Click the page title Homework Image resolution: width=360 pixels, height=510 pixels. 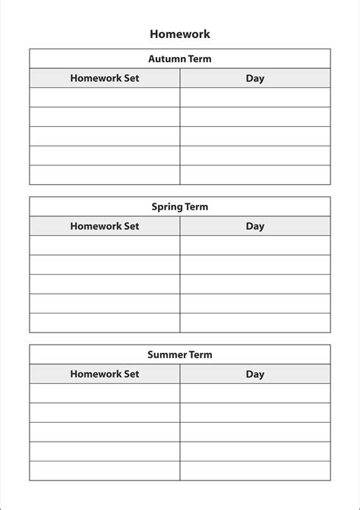[x=180, y=34]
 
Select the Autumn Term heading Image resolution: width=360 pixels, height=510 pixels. [x=180, y=58]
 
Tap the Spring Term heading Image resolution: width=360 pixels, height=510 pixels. [x=180, y=206]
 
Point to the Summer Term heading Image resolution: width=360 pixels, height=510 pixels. [x=180, y=354]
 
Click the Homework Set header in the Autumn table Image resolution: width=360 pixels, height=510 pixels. [x=105, y=78]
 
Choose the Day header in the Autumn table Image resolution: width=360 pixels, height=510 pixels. [x=255, y=78]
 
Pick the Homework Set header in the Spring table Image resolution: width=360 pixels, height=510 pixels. [x=105, y=226]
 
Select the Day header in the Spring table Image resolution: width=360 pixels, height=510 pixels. [x=255, y=226]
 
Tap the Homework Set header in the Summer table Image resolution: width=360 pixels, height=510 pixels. [x=105, y=374]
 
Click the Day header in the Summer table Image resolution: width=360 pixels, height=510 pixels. [x=255, y=374]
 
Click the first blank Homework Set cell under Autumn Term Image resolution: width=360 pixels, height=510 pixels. [x=105, y=97]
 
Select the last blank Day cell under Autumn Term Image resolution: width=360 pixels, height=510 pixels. [x=255, y=175]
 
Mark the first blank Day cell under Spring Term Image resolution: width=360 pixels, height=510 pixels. [x=255, y=245]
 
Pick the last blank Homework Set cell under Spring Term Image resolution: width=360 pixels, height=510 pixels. [x=105, y=323]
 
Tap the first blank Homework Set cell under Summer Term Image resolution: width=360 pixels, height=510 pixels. [x=105, y=393]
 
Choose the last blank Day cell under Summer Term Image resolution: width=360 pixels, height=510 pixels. [x=255, y=471]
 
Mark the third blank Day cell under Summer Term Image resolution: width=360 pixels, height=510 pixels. [x=255, y=432]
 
